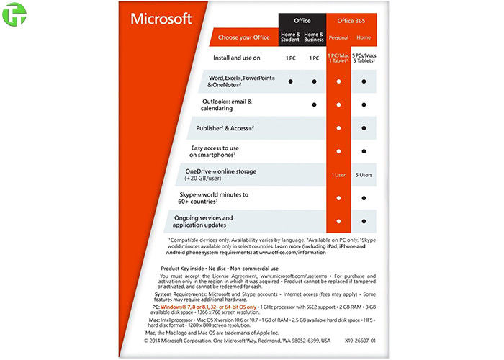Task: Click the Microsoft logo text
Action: click(x=161, y=19)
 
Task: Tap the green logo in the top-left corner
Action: click(x=13, y=16)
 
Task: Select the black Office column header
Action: click(x=302, y=20)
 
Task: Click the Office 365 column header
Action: click(x=350, y=20)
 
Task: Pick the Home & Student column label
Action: click(x=290, y=37)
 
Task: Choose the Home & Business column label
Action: click(x=314, y=37)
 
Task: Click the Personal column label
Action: click(x=338, y=37)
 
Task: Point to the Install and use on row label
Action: click(x=236, y=57)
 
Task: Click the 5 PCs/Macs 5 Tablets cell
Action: click(x=363, y=58)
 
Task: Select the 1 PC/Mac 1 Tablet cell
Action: click(x=338, y=58)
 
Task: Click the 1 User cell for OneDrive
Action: click(x=338, y=175)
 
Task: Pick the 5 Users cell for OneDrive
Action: click(x=363, y=175)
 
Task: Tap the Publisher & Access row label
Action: click(x=226, y=128)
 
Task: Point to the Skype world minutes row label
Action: click(x=223, y=198)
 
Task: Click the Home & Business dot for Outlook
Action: click(x=314, y=105)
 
